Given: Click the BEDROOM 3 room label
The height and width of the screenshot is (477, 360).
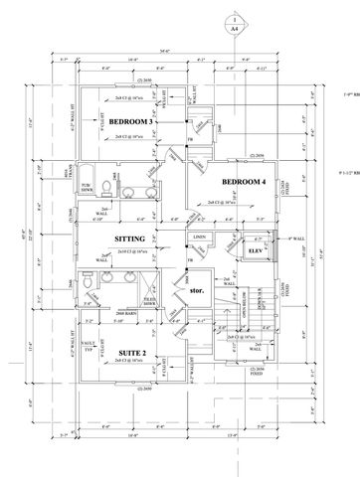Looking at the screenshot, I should tap(130, 122).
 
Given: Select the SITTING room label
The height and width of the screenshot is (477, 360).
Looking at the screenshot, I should tap(131, 239).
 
